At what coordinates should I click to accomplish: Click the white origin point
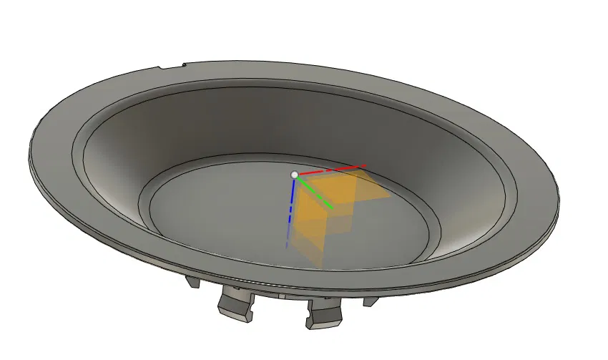tap(294, 175)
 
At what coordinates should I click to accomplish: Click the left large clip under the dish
tap(234, 304)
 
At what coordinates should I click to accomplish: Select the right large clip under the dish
tap(325, 313)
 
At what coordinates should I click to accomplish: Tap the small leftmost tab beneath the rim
tap(193, 282)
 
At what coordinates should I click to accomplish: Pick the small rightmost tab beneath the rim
tap(370, 301)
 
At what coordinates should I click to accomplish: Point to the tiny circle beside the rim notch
tap(185, 66)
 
